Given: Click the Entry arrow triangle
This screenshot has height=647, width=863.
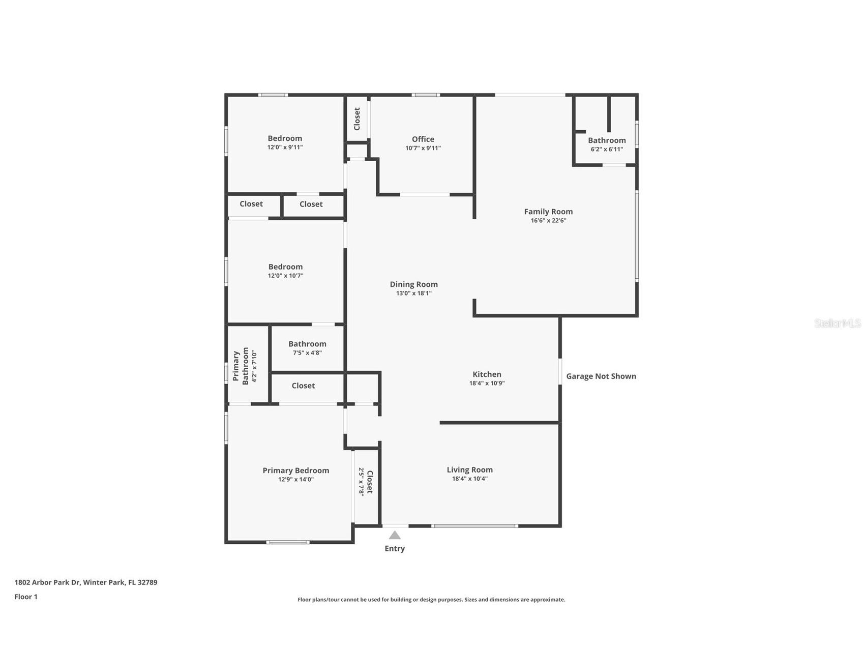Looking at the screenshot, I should pos(395,535).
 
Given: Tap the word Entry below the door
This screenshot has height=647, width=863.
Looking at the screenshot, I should pos(395,548).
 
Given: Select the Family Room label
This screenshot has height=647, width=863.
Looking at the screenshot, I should pos(548,212).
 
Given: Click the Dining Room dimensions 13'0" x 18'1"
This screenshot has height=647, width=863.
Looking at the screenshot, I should pos(414,293).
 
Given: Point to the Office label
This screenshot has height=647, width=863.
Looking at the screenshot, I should pos(423,139).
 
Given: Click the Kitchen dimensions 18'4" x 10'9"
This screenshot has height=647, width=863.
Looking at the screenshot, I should pos(487,384).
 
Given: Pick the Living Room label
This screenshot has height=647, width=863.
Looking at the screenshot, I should pos(469,470).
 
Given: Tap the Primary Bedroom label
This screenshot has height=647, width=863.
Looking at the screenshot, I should pos(295,470).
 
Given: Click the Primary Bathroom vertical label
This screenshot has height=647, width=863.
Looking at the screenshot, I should pos(241,366).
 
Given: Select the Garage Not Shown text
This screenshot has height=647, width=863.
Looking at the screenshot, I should pos(601,376).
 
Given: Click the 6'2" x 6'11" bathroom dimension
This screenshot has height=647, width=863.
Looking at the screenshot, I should pos(607,150).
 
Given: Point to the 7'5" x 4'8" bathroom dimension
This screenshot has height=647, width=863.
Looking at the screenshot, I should pos(307,353).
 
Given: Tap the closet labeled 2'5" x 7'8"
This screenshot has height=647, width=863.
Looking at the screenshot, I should pos(366,482).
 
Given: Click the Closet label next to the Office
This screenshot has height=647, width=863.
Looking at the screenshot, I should pos(357,119).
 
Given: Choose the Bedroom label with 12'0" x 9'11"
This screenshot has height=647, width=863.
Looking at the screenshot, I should pos(285,138).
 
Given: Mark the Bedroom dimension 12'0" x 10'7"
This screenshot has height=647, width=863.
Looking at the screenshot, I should pos(285,276).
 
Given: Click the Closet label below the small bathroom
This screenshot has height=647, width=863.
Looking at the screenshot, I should pos(303,386).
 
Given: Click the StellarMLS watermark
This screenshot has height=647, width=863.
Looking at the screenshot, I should pos(837,323).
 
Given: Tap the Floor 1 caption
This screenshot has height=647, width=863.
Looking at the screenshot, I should pos(26,597).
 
